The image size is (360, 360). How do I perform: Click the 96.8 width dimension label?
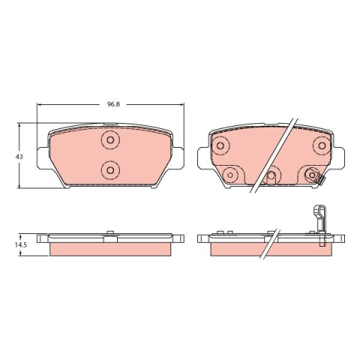point(114,104)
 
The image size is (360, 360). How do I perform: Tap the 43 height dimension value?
point(19,157)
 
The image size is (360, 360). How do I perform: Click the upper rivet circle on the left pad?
point(110,140)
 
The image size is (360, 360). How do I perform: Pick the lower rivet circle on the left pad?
point(110,170)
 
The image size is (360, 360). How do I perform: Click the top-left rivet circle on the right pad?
point(220,145)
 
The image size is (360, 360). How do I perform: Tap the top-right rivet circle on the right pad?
point(322,145)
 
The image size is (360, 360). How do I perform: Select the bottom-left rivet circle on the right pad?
point(230,175)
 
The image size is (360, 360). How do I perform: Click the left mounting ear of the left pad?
point(43,157)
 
